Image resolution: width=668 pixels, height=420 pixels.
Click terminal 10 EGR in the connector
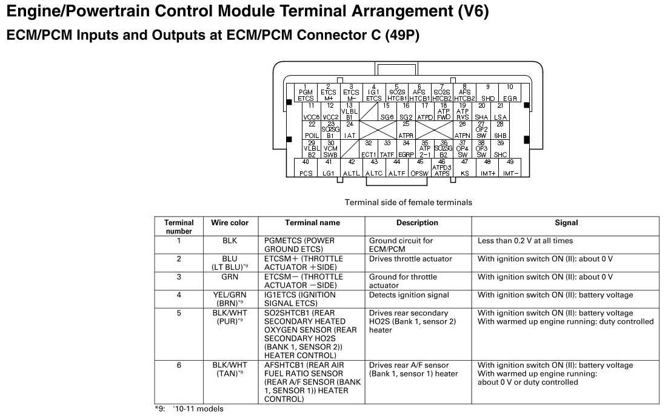pyautogui.click(x=510, y=93)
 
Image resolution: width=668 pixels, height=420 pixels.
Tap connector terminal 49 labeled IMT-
pyautogui.click(x=510, y=168)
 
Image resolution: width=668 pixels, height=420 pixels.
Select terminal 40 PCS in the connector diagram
pyautogui.click(x=306, y=168)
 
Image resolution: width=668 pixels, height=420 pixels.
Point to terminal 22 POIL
pyautogui.click(x=312, y=130)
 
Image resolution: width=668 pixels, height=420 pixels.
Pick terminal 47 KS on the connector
pyautogui.click(x=464, y=168)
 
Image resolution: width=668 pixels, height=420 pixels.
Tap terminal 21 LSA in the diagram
pyautogui.click(x=500, y=112)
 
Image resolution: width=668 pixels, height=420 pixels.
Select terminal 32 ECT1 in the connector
pyautogui.click(x=369, y=149)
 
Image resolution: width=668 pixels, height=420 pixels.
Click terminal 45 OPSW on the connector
pyautogui.click(x=419, y=168)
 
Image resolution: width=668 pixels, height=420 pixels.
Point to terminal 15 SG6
pyautogui.click(x=387, y=112)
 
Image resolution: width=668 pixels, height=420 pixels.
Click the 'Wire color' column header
pyautogui.click(x=230, y=223)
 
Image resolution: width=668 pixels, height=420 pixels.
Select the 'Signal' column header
pyautogui.click(x=566, y=223)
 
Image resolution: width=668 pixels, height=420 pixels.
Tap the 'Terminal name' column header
pyautogui.click(x=312, y=223)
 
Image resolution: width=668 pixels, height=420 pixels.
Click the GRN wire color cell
pyautogui.click(x=230, y=277)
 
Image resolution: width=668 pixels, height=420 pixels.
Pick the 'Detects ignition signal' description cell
pyautogui.click(x=409, y=295)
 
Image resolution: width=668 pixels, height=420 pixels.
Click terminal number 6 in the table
pyautogui.click(x=179, y=365)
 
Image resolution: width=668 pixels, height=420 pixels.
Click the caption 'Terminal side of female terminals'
pyautogui.click(x=408, y=202)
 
